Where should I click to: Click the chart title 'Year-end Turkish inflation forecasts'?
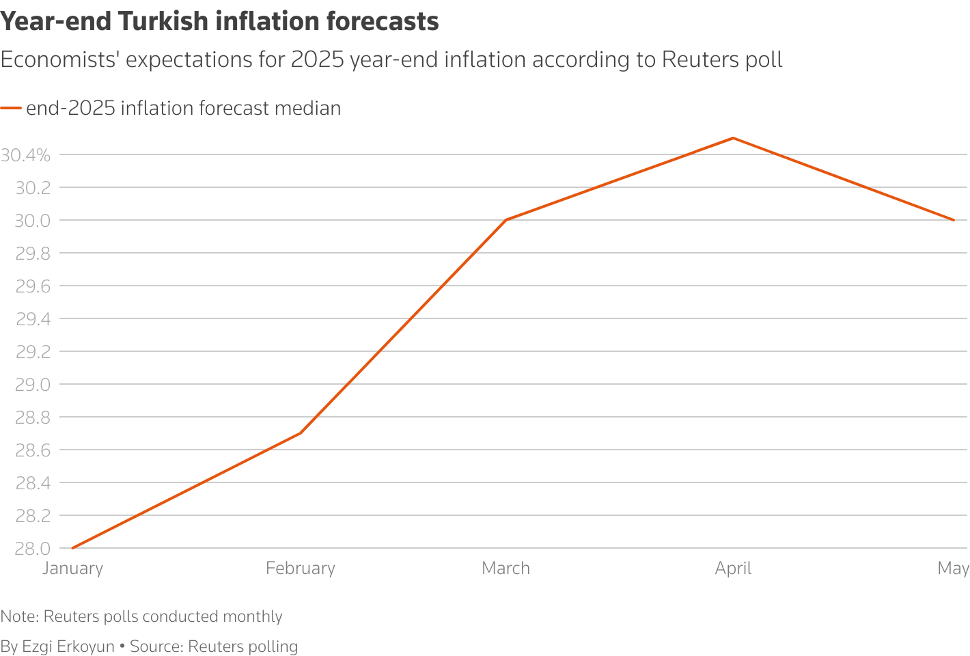219,22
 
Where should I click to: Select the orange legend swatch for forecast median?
11,108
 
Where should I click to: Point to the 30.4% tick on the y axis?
26,155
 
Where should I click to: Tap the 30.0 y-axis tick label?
33,221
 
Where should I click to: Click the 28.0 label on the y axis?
33,549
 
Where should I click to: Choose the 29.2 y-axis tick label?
33,352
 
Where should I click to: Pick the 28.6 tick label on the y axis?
33,450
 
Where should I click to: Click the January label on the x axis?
72,569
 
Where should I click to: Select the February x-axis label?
301,569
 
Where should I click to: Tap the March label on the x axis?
505,569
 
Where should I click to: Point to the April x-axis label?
733,569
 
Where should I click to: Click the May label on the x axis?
953,569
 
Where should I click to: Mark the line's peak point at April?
733,138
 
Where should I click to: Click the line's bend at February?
301,433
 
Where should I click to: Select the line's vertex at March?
505,220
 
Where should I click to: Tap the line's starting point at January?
72,548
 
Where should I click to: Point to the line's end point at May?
954,220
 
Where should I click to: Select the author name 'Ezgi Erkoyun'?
68,646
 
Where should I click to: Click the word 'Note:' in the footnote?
20,616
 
